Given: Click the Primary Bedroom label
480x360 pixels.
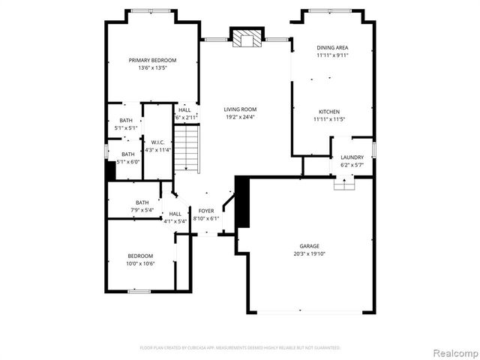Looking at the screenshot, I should pos(152,60).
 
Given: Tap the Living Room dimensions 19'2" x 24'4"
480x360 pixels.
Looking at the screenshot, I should pos(240,117).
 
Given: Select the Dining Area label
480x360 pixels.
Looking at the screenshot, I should pos(332,47).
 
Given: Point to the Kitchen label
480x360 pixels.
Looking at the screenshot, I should pos(329,111).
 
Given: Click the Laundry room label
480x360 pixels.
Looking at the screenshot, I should pos(352,157).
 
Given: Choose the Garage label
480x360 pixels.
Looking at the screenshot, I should pos(310,246).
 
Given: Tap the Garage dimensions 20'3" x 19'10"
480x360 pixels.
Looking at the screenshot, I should pos(310,253).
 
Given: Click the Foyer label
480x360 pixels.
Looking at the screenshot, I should pos(205,211).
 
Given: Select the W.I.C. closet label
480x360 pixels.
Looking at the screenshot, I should pos(157,142).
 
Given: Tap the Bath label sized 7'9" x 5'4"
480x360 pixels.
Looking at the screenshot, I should pos(142,202).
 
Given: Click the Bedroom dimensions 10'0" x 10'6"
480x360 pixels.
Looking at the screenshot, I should pos(140,264).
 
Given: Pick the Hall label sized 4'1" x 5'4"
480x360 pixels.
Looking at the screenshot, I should pos(175,214).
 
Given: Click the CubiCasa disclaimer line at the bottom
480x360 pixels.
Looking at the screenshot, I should pos(240,348).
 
